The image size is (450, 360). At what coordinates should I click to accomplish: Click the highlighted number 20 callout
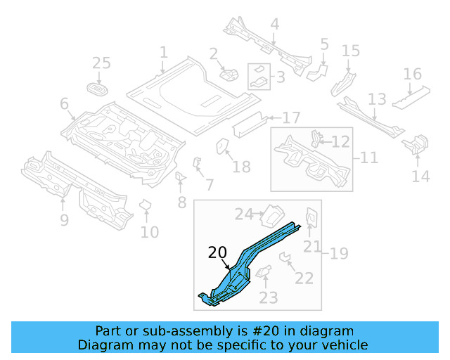pos(217,253)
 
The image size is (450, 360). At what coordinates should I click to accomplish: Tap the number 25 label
pos(101,64)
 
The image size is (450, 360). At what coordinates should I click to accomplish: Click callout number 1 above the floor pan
pos(163,53)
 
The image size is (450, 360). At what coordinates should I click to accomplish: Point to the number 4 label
pos(274,25)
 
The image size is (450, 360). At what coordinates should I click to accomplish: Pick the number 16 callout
pos(412,75)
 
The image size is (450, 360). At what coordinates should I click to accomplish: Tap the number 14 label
pos(420,176)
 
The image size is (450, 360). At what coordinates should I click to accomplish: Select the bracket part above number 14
pos(415,144)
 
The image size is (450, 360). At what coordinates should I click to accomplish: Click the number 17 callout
pos(291,117)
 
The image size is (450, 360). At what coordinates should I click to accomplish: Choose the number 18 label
pos(240,167)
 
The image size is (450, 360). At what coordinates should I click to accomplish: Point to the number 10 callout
pos(149,231)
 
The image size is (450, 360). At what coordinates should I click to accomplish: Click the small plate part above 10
pos(146,205)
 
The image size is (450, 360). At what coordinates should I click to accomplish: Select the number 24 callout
pos(243,214)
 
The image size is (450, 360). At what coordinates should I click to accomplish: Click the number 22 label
pos(304,278)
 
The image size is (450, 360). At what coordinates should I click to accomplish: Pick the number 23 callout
pos(269,297)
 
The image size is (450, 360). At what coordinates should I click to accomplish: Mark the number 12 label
pos(340,142)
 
